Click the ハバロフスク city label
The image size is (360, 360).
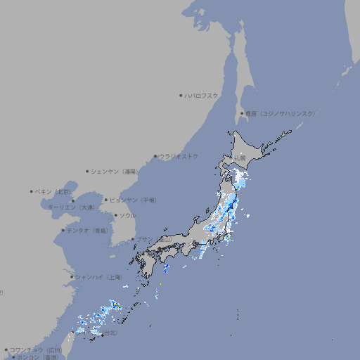[202, 95]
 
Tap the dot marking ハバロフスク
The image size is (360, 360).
[181, 95]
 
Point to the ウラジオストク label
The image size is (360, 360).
[179, 156]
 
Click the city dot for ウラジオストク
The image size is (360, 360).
[155, 156]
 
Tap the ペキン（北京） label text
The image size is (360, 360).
[54, 191]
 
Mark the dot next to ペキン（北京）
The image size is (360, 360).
[32, 191]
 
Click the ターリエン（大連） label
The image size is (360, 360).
[71, 207]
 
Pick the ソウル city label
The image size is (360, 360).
[127, 215]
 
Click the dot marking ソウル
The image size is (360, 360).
[115, 215]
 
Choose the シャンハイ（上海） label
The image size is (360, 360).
[99, 277]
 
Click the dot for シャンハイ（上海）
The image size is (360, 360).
[71, 277]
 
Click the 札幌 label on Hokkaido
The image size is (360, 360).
[240, 158]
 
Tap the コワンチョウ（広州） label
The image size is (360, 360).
[36, 349]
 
